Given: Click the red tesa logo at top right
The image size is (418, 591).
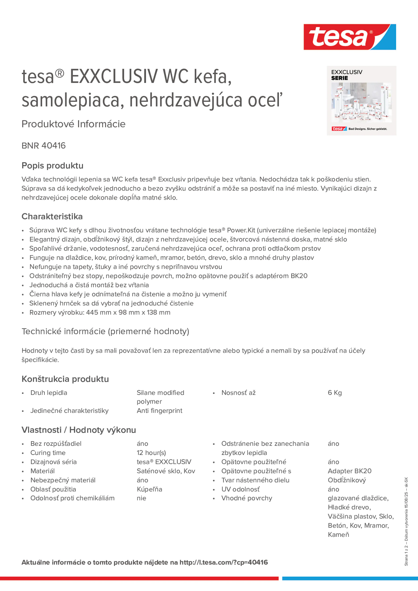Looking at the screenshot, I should (x=350, y=37).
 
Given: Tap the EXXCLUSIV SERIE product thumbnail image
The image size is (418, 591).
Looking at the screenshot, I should (x=361, y=101).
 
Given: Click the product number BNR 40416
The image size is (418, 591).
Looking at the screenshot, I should (x=44, y=146).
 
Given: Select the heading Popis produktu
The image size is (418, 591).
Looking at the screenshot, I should (x=52, y=166).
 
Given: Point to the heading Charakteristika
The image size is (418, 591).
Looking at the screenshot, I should (x=52, y=216).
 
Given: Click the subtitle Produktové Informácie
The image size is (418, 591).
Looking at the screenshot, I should (x=74, y=124).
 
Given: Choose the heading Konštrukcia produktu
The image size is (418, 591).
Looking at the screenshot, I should (x=65, y=379).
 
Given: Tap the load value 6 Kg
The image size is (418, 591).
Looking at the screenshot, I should (x=334, y=393).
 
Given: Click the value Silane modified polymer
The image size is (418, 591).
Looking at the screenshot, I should (x=160, y=397).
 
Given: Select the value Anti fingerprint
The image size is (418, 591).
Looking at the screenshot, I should (x=159, y=411).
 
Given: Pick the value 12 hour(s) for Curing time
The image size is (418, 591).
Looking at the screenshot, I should (x=151, y=452).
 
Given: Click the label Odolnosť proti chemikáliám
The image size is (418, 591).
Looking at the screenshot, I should (x=72, y=498).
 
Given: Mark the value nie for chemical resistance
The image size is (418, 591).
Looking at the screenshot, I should (x=141, y=498).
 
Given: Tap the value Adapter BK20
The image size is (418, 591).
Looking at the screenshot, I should (x=350, y=471).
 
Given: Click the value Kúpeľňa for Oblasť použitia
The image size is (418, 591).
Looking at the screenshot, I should (x=149, y=489).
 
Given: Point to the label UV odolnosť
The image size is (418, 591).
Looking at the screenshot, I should (x=240, y=489).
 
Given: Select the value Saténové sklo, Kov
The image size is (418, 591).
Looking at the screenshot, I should (x=166, y=471).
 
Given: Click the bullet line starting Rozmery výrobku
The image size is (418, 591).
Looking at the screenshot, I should (x=100, y=312).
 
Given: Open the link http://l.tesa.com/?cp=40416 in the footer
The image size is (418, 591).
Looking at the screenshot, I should (x=224, y=562).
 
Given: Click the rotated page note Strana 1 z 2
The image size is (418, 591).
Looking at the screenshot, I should (x=406, y=558).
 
